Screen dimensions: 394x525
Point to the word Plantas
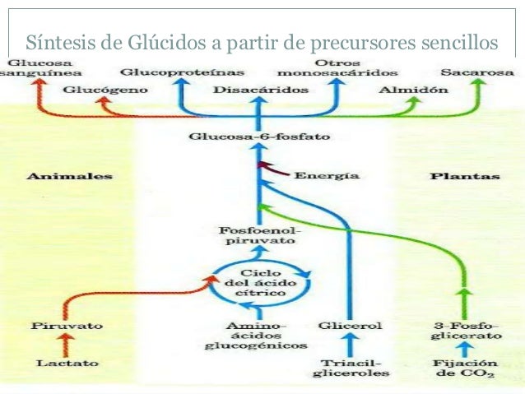coord(465,176)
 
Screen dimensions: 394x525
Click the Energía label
coord(326,175)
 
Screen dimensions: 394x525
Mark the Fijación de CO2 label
coord(465,367)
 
